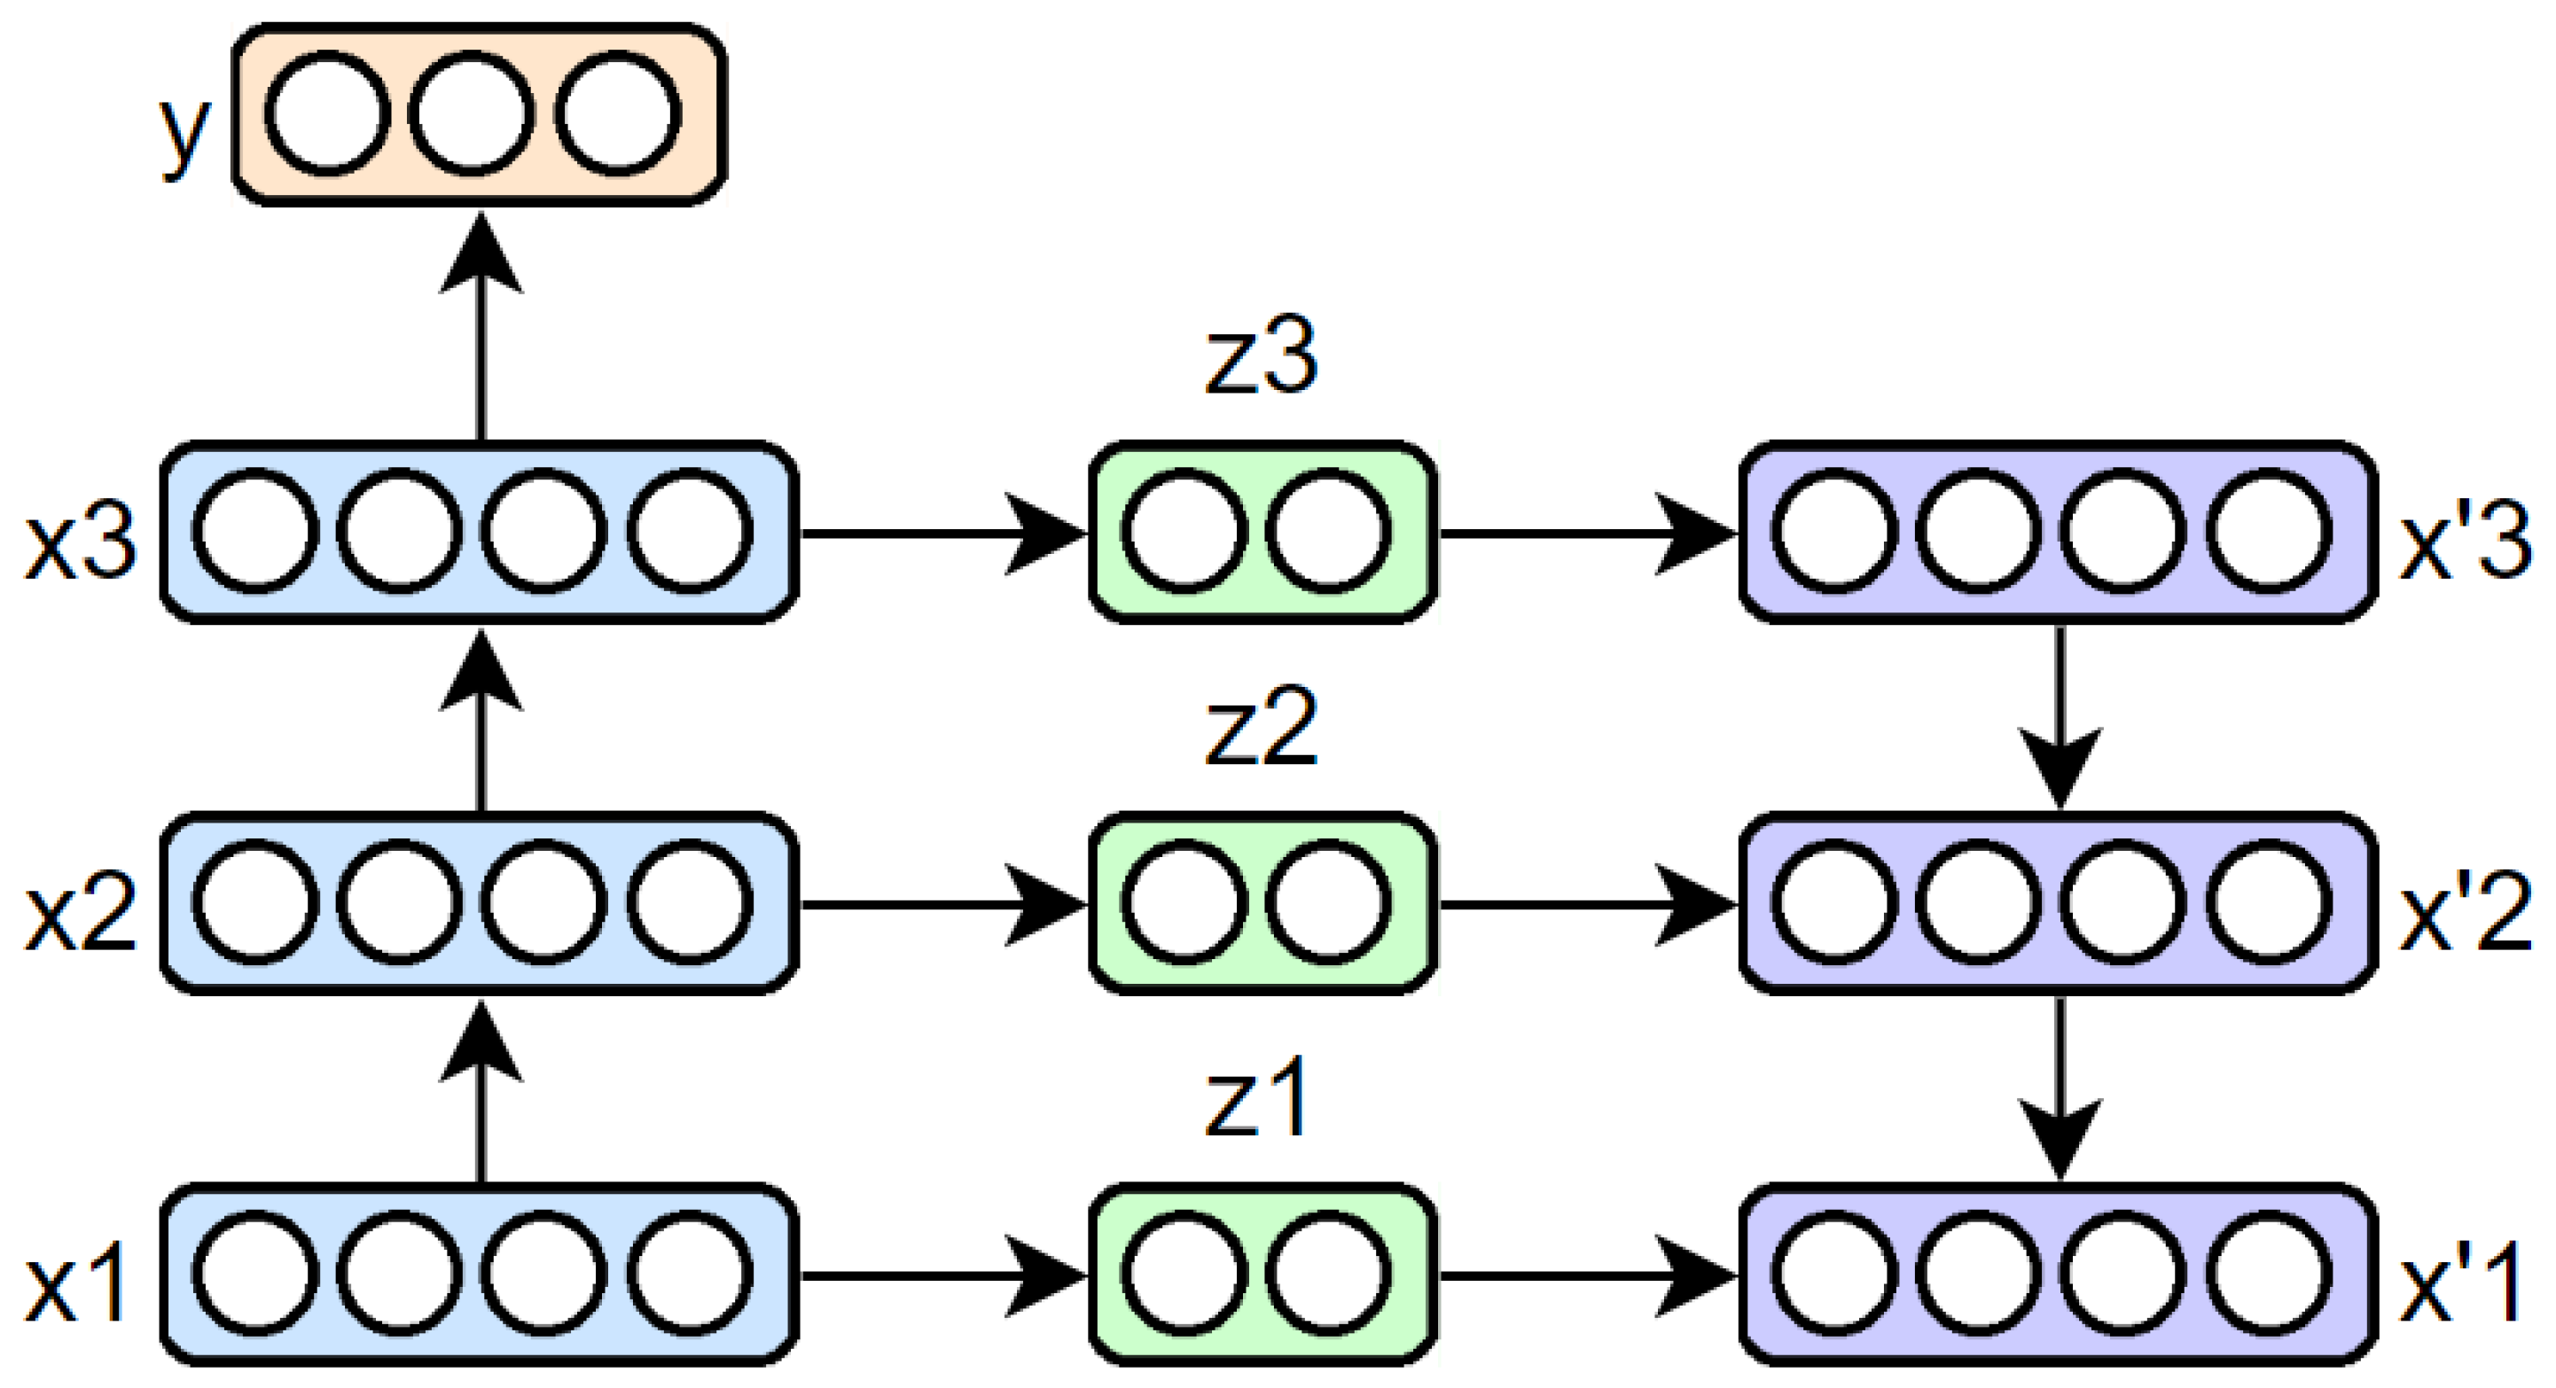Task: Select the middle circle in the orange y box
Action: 472,114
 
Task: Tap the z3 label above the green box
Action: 1260,355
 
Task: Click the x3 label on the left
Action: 81,542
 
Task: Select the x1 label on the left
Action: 75,1285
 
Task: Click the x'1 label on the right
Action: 2461,1285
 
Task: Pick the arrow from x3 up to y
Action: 481,327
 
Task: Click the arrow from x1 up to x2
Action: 481,1091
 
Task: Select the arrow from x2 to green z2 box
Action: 942,904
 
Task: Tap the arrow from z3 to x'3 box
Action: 1588,534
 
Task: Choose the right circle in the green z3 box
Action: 1327,532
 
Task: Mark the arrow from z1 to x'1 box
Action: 1588,1276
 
